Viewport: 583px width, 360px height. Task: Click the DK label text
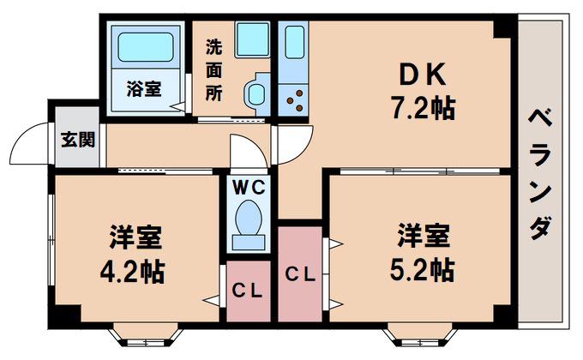click(x=422, y=75)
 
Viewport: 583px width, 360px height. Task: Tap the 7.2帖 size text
click(x=423, y=108)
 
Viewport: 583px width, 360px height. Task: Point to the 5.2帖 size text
click(x=422, y=270)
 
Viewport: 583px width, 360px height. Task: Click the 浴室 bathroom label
click(x=144, y=89)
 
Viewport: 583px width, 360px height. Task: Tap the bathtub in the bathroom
click(x=146, y=47)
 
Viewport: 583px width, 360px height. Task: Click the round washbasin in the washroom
click(x=256, y=93)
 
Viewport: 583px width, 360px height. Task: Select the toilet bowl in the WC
click(x=249, y=218)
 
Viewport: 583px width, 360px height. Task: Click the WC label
click(x=249, y=188)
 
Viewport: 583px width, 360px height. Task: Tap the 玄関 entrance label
click(x=78, y=140)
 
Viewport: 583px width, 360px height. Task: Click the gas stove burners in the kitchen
click(x=297, y=100)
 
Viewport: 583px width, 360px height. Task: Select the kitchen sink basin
click(x=295, y=42)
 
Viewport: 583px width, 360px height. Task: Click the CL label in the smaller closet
click(x=247, y=291)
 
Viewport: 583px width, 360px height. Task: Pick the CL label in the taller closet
click(x=300, y=275)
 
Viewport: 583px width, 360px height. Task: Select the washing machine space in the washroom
click(x=252, y=39)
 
